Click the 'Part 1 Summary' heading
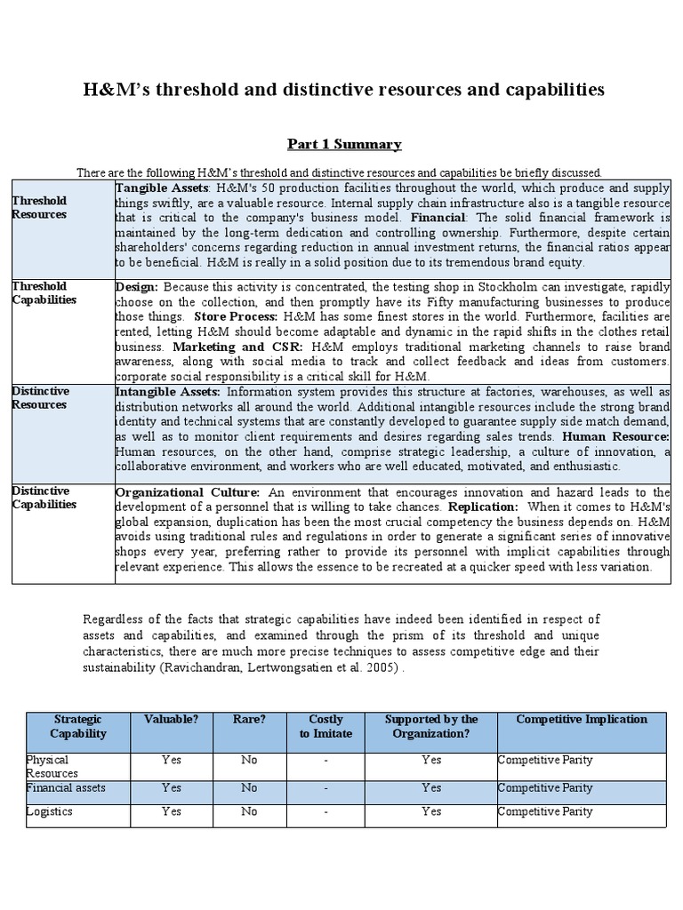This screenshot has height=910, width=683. (x=343, y=144)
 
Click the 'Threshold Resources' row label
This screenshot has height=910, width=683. (x=39, y=208)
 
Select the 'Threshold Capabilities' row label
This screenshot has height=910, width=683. (x=44, y=293)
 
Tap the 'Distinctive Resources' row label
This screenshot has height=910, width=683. (x=39, y=398)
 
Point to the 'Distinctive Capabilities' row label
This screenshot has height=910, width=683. (x=44, y=498)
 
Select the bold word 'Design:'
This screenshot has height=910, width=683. (x=137, y=287)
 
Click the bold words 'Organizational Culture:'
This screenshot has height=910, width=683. (x=188, y=491)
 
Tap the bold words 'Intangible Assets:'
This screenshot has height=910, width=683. (x=168, y=392)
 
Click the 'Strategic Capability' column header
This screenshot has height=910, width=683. (x=78, y=726)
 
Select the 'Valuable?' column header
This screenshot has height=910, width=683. (x=172, y=719)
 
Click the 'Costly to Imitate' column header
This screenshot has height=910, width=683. (x=325, y=726)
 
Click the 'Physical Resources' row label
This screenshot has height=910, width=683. (x=52, y=767)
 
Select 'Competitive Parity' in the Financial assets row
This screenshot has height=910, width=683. (x=545, y=787)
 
